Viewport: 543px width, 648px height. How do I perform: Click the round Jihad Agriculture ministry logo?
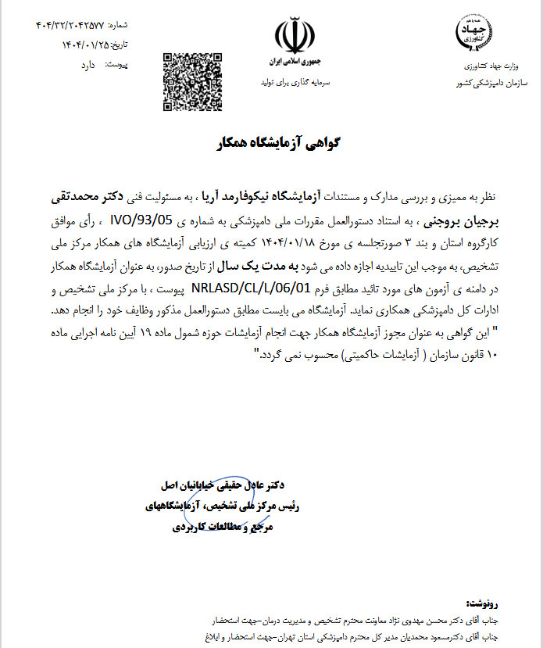tap(473, 29)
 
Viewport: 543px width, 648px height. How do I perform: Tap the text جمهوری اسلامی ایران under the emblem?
tap(295, 60)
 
